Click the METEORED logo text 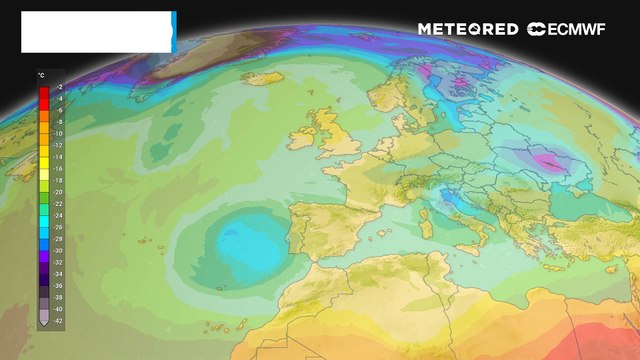[x=468, y=29]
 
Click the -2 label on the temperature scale [x=59, y=89]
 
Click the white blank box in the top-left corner [x=96, y=32]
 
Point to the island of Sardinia [x=425, y=222]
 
